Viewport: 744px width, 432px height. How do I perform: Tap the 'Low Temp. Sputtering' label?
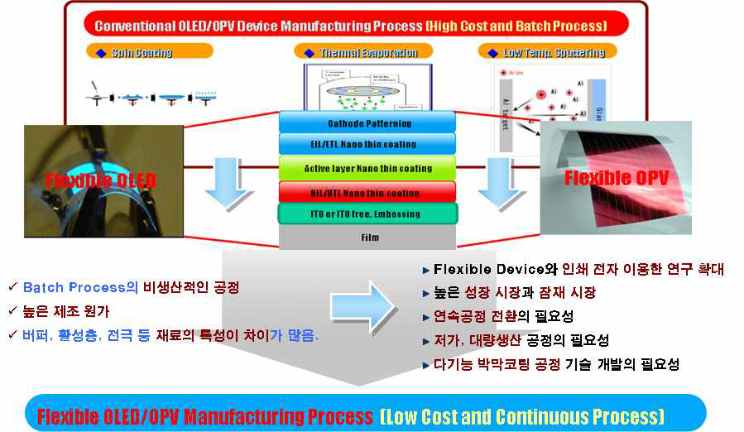(564, 52)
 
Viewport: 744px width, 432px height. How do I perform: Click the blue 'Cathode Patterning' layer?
(368, 123)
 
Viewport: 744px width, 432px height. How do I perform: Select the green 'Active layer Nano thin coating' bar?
(368, 168)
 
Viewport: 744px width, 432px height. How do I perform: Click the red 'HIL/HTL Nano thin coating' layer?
(368, 193)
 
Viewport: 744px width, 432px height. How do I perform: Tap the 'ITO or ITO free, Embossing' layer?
(368, 214)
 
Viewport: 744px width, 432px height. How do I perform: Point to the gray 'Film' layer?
(368, 238)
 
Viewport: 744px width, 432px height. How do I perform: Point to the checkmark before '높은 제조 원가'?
(11, 311)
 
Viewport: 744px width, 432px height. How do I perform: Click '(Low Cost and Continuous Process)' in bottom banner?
(522, 415)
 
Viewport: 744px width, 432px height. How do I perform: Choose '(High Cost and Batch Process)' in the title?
(516, 26)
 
